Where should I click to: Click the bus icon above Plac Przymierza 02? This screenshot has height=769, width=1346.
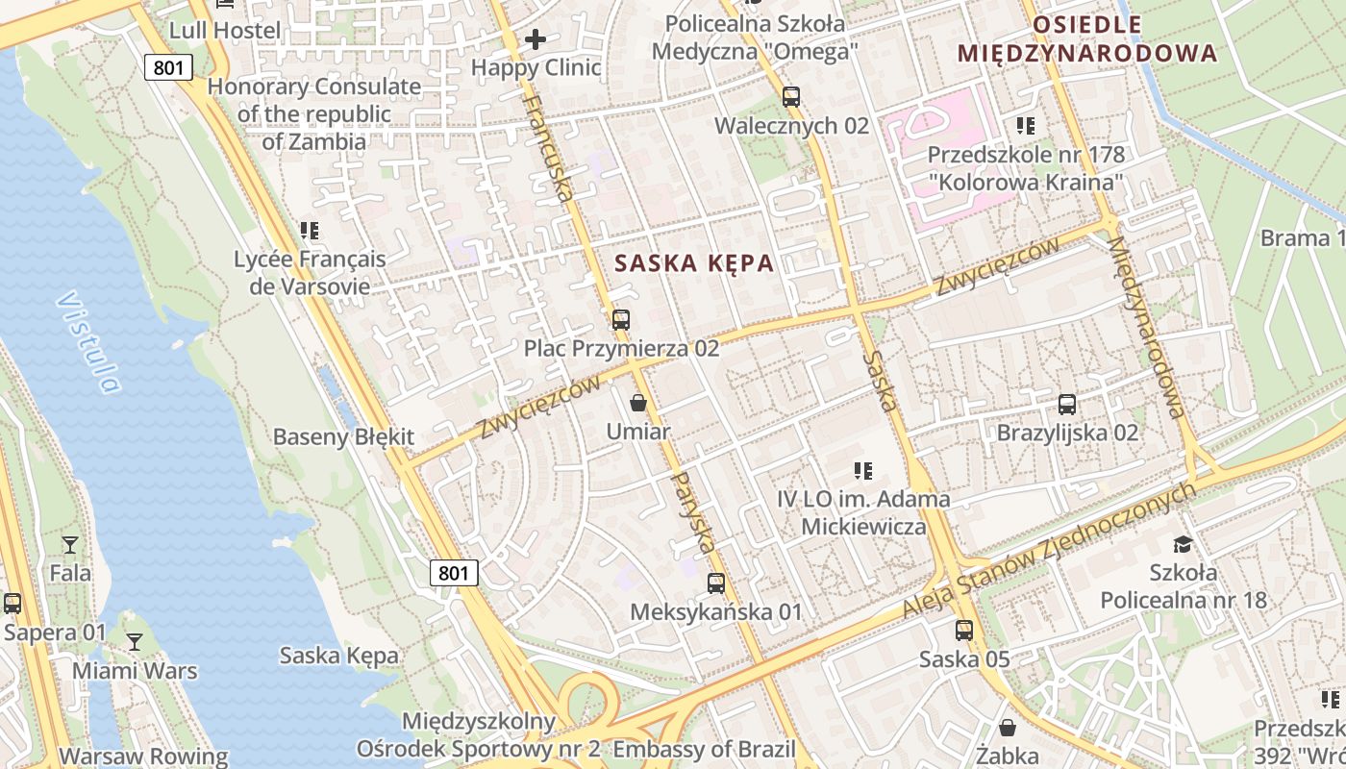pos(621,320)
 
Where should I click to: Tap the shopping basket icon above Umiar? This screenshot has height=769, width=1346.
pos(637,403)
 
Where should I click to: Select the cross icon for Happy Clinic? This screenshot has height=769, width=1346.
pos(536,39)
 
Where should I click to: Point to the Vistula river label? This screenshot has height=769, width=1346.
pos(88,342)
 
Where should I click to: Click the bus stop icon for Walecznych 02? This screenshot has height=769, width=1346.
pos(791,97)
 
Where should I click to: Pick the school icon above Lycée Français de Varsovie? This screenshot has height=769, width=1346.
pos(310,231)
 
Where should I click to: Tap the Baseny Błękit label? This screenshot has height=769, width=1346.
pos(343,436)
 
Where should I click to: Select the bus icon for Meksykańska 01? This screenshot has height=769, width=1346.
pos(716,583)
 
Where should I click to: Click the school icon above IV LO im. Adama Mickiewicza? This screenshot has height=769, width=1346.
pos(863,471)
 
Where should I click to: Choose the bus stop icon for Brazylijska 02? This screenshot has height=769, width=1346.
pos(1067,405)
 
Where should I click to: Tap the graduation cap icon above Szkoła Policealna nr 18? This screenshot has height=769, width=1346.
pos(1183,544)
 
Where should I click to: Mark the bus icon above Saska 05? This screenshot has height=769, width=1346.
pos(964,631)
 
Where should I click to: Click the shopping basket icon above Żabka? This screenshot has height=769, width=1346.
pos(1008,728)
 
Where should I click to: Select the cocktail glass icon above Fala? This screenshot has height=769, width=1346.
pos(70,545)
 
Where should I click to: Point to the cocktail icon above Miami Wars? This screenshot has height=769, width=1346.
pos(135,642)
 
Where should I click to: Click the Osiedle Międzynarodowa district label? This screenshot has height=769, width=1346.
pos(1087,38)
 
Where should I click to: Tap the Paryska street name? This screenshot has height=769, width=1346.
pos(692,512)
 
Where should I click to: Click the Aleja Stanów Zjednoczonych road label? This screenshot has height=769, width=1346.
pos(1050,551)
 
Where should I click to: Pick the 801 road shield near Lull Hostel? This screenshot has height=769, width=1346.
pos(170,67)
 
